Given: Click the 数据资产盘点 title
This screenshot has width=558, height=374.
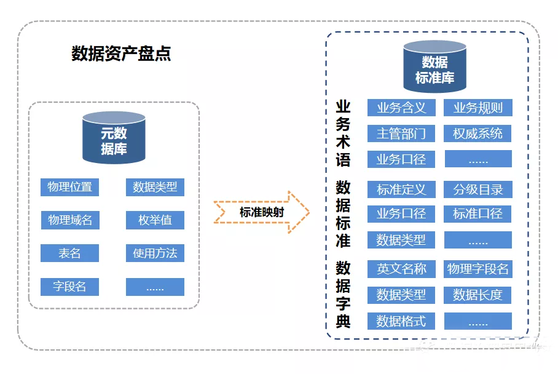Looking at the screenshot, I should tap(121, 54).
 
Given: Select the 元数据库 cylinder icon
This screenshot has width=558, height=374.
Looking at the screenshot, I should tap(114, 138).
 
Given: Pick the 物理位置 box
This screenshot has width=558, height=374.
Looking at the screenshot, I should tap(70, 187).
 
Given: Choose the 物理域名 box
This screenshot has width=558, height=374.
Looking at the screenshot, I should tap(70, 220).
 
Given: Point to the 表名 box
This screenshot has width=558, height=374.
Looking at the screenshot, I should tap(70, 253).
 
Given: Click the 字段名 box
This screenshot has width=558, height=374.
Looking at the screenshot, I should tap(70, 287).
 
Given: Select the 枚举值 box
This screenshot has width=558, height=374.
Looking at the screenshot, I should tap(155, 220).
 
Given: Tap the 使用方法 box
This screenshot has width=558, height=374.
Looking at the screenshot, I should tap(155, 253).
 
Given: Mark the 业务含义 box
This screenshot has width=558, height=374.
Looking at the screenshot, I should tap(401, 108).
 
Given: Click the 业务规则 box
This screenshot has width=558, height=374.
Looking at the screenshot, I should tap(477, 108).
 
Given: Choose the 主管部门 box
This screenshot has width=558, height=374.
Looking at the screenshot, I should tap(401, 133).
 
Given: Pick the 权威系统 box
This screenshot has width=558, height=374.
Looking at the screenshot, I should tap(477, 133).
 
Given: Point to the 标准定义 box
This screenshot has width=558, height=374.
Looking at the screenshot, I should tap(401, 189).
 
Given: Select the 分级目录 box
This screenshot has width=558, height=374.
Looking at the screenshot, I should tap(477, 189).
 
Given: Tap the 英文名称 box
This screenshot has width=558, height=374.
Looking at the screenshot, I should tap(401, 269).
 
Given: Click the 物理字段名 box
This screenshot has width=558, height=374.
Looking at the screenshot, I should tap(477, 269).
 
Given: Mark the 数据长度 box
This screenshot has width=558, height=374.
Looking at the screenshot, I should tap(477, 295).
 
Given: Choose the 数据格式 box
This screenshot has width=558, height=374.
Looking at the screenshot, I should tap(401, 320).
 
